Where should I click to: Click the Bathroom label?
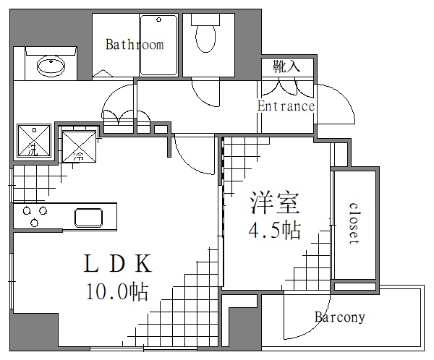(x=135, y=45)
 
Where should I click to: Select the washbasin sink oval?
(x=50, y=68)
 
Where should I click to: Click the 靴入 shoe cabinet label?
(x=286, y=67)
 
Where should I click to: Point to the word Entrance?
(x=286, y=106)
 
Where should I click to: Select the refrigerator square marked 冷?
(x=78, y=144)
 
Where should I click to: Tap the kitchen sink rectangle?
(x=93, y=217)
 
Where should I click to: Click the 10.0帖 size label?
(x=117, y=291)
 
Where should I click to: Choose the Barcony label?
(x=339, y=317)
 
